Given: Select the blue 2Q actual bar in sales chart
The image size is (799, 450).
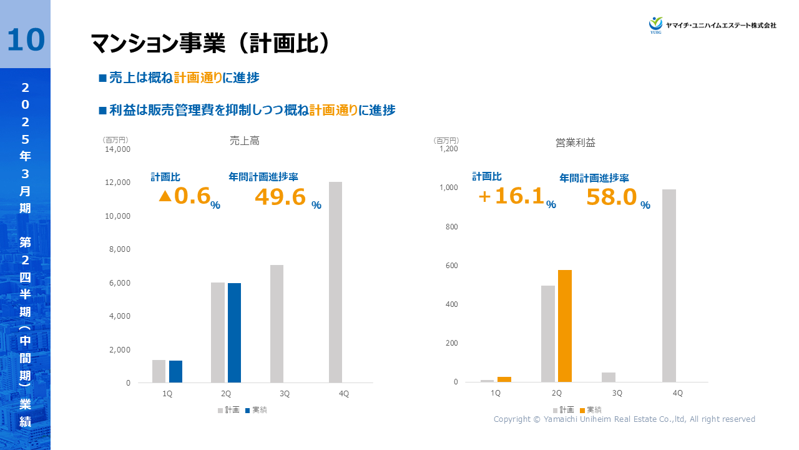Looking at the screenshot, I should tap(234, 332).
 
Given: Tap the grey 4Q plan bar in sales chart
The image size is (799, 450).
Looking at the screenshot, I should tap(335, 282).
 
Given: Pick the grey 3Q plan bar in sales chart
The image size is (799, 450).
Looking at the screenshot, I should tap(277, 324).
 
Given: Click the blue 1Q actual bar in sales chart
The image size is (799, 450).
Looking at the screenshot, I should tap(175, 371).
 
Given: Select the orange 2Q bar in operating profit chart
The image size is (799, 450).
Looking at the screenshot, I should tap(564, 326).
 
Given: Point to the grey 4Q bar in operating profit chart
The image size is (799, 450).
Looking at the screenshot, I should tap(669, 286).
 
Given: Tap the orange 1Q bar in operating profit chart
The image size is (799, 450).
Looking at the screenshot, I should tap(504, 379).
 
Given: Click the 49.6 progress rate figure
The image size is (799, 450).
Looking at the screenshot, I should tap(280, 197).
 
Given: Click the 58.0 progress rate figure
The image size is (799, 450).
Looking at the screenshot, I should tap(611, 197).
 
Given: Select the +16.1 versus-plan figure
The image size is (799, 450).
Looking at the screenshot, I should tap(511, 196).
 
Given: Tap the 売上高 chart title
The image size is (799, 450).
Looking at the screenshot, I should tap(244, 141).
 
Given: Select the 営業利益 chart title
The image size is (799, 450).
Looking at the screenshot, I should tap(576, 142).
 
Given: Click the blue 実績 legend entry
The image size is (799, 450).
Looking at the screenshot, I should tap(256, 410).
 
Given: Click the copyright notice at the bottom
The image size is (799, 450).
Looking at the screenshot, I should tap(624, 419).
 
